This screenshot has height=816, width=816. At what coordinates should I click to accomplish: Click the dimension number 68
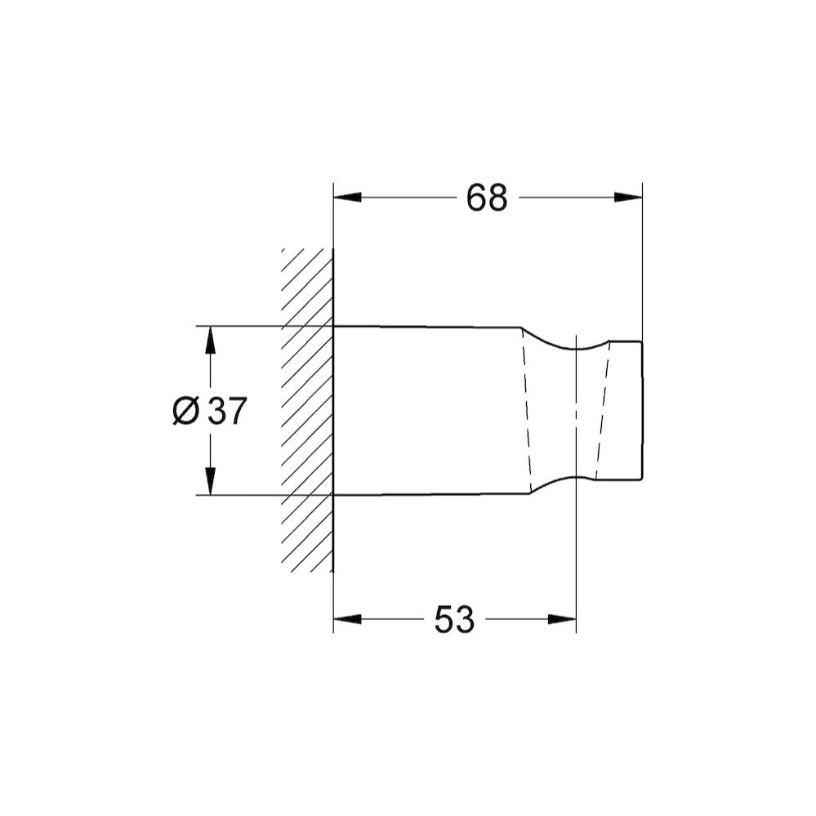[487, 198]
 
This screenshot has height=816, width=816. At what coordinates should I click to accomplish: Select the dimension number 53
[454, 619]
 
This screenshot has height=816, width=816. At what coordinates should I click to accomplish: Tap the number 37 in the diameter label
[226, 411]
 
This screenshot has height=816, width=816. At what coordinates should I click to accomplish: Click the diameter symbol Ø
[185, 411]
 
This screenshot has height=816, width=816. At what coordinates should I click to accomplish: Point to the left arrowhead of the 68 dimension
[347, 198]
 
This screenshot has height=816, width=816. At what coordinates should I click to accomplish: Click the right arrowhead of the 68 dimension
[628, 198]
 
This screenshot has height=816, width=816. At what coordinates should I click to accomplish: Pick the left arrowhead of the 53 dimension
[347, 619]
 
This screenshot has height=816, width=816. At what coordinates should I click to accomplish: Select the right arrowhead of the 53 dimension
[562, 619]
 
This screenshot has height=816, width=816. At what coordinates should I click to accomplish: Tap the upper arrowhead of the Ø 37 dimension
[210, 341]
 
